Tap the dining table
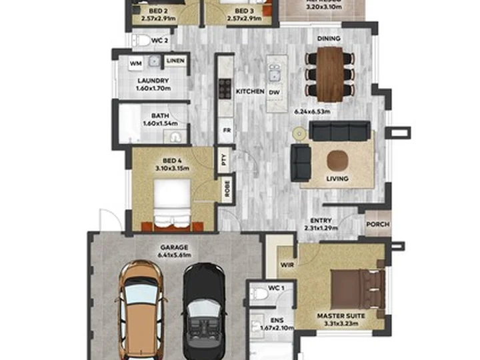[329, 73]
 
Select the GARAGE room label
[174, 246]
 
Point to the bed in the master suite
[357, 287]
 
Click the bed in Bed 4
[173, 204]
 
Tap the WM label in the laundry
[135, 64]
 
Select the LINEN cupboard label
[175, 62]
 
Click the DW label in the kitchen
[275, 92]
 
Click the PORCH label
[378, 225]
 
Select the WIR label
[287, 264]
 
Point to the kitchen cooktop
[225, 87]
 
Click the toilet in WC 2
[141, 41]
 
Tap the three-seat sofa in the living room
[339, 131]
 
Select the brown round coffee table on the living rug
[337, 159]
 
